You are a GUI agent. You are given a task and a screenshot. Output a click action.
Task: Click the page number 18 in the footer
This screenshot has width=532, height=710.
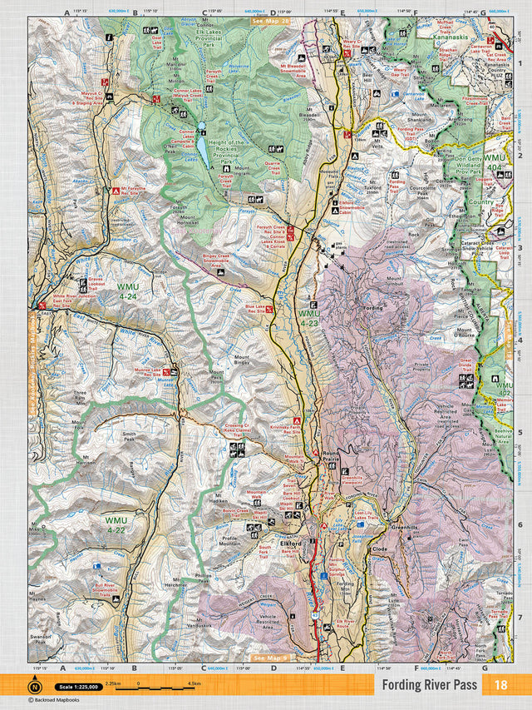pyautogui.click(x=500, y=685)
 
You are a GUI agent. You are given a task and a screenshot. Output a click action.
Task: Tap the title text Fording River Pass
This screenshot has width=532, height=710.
pyautogui.click(x=430, y=685)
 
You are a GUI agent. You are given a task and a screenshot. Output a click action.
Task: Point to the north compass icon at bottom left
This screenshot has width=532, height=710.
pyautogui.click(x=35, y=687)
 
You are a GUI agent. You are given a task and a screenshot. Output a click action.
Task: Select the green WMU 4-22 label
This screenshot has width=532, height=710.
pyautogui.click(x=116, y=524)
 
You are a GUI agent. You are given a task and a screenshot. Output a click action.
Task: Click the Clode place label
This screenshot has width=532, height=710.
pyautogui.click(x=381, y=550)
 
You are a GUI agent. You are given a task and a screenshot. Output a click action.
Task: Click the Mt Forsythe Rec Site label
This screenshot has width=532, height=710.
pyautogui.click(x=138, y=191)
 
